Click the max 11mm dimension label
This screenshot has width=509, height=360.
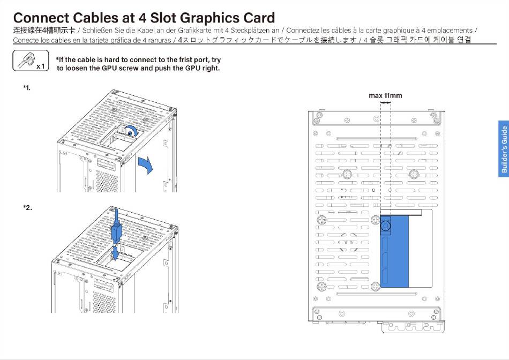tap(385, 96)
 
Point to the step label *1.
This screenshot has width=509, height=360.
tap(27, 87)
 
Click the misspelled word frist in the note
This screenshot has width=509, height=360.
tap(178, 60)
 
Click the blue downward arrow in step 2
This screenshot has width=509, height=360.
tap(116, 252)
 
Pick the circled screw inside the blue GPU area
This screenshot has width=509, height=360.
tap(386, 227)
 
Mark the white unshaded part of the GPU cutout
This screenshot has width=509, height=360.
tap(421, 249)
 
